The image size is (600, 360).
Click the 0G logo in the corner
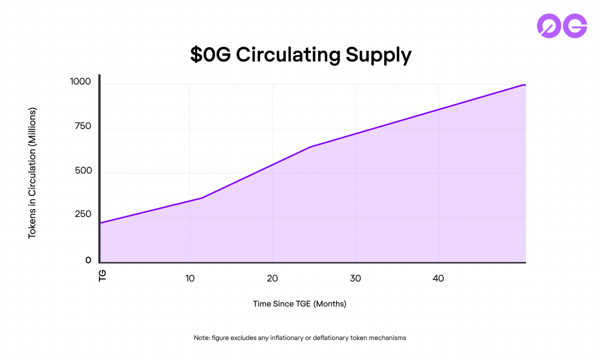click(x=561, y=25)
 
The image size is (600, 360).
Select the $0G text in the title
click(x=210, y=55)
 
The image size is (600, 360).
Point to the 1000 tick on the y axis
click(x=80, y=82)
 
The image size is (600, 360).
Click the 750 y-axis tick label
click(x=82, y=126)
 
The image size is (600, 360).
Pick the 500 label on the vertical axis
click(x=82, y=170)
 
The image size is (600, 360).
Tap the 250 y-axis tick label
click(x=82, y=214)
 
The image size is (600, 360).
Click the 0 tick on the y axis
click(x=88, y=260)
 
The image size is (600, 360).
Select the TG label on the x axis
click(x=103, y=275)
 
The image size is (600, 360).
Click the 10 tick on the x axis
click(x=189, y=278)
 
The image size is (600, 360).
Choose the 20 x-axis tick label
click(x=272, y=278)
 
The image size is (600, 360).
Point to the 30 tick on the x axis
click(x=355, y=278)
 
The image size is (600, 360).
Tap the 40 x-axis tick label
click(x=438, y=278)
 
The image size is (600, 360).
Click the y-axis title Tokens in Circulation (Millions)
click(x=32, y=172)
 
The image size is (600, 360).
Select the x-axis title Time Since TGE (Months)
click(x=299, y=303)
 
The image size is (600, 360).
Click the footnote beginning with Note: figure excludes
click(x=300, y=337)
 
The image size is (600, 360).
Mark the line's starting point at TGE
click(x=100, y=223)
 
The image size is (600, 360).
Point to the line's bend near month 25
click(x=310, y=147)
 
